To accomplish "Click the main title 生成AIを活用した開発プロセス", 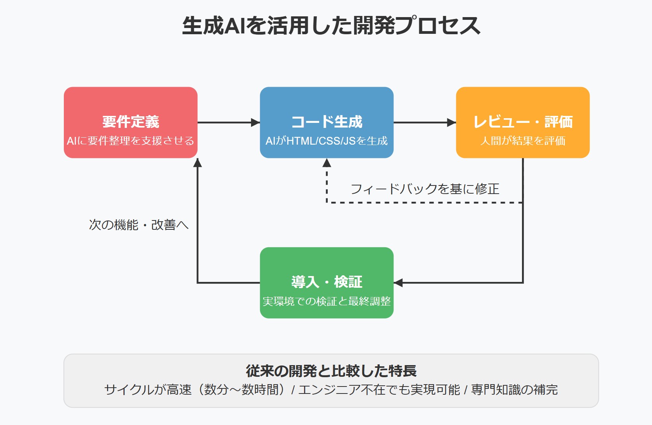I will click(331, 26).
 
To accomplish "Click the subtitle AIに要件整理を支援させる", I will click(130, 141).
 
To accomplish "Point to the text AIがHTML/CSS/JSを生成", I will click(327, 141).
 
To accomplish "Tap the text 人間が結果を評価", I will click(522, 141).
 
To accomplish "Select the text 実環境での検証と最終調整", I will click(327, 301).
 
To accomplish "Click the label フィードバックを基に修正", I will click(425, 189).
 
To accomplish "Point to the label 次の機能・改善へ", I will click(139, 225).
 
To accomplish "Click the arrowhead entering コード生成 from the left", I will click(255, 122).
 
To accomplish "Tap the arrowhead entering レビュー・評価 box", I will click(452, 122).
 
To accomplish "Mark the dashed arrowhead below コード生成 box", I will click(327, 163).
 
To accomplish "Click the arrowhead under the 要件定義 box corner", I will click(198, 163).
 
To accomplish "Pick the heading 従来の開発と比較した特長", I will click(331, 371).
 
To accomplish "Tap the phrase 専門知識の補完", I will click(514, 390).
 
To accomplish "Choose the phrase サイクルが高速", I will click(148, 390).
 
